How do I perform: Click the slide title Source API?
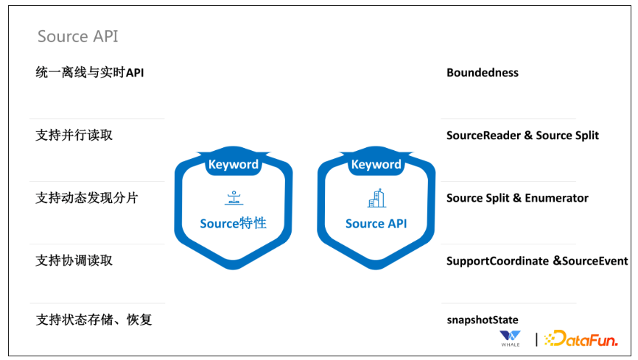tap(77, 36)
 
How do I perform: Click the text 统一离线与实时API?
tap(90, 72)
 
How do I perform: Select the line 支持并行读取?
tap(74, 135)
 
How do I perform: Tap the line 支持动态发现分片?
tap(87, 198)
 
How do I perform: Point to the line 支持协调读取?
tap(74, 261)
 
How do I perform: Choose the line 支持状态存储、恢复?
tap(94, 320)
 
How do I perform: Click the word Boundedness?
tap(483, 72)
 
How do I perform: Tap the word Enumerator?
tap(557, 198)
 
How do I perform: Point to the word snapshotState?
tap(483, 320)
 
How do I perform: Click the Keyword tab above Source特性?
tap(234, 164)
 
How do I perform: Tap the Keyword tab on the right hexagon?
tap(376, 164)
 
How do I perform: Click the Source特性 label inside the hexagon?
tap(233, 223)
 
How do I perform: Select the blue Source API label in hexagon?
tap(376, 224)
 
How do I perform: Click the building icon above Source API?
tap(376, 198)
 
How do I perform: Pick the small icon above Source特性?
tap(234, 198)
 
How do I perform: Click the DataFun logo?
tap(581, 339)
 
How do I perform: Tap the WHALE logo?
tap(511, 339)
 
